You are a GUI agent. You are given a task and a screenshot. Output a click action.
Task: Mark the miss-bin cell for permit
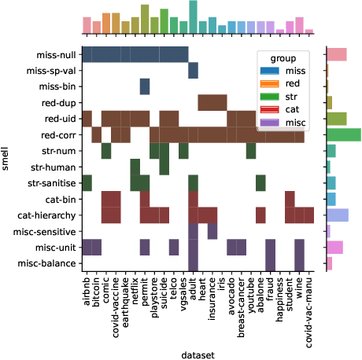point(145,86)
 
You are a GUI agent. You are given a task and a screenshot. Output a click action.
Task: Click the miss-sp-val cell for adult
point(193,71)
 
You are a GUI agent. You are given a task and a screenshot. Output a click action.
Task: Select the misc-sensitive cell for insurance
point(212,231)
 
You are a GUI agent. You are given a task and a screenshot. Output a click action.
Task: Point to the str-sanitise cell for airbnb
point(87,182)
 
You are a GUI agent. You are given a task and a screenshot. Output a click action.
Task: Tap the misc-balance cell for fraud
point(270,263)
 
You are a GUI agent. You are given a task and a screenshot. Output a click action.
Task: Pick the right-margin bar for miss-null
point(336,54)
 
